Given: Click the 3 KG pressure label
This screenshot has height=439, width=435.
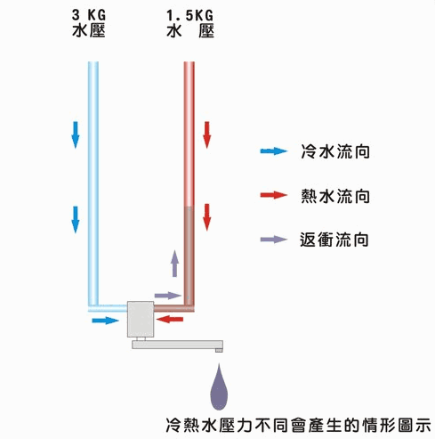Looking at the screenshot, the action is [89, 23].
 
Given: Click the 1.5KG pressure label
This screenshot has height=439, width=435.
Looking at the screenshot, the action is [190, 23].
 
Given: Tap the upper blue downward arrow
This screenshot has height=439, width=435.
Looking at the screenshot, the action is [76, 134].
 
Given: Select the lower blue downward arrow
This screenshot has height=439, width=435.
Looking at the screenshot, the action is [76, 220].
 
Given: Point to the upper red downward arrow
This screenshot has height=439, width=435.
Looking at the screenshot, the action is [207, 134].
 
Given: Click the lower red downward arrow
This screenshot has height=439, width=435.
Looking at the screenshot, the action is [207, 217].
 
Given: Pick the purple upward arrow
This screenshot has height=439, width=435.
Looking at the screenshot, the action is [175, 264].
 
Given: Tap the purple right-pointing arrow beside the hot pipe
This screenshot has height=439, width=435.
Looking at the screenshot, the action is [168, 296].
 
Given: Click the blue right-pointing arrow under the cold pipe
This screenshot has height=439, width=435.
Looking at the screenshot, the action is [105, 321].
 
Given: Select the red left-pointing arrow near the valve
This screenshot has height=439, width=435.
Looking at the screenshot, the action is [170, 320].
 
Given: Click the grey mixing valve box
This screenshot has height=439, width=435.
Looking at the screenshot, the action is [141, 320].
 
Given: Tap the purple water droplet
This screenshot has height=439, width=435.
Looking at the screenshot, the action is [219, 386].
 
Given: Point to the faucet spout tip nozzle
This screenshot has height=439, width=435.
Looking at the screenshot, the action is [219, 351].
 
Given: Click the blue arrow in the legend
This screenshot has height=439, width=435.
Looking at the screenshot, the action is [274, 151].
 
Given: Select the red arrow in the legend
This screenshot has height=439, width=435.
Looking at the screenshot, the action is [274, 195].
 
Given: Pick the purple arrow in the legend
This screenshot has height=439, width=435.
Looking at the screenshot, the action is [274, 240].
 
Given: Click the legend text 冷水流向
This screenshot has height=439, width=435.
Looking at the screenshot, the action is [335, 151].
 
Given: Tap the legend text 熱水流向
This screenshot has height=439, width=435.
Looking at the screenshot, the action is [335, 196].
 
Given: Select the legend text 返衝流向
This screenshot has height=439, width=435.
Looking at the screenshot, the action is [334, 240].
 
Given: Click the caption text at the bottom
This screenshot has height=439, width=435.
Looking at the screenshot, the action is [298, 426].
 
